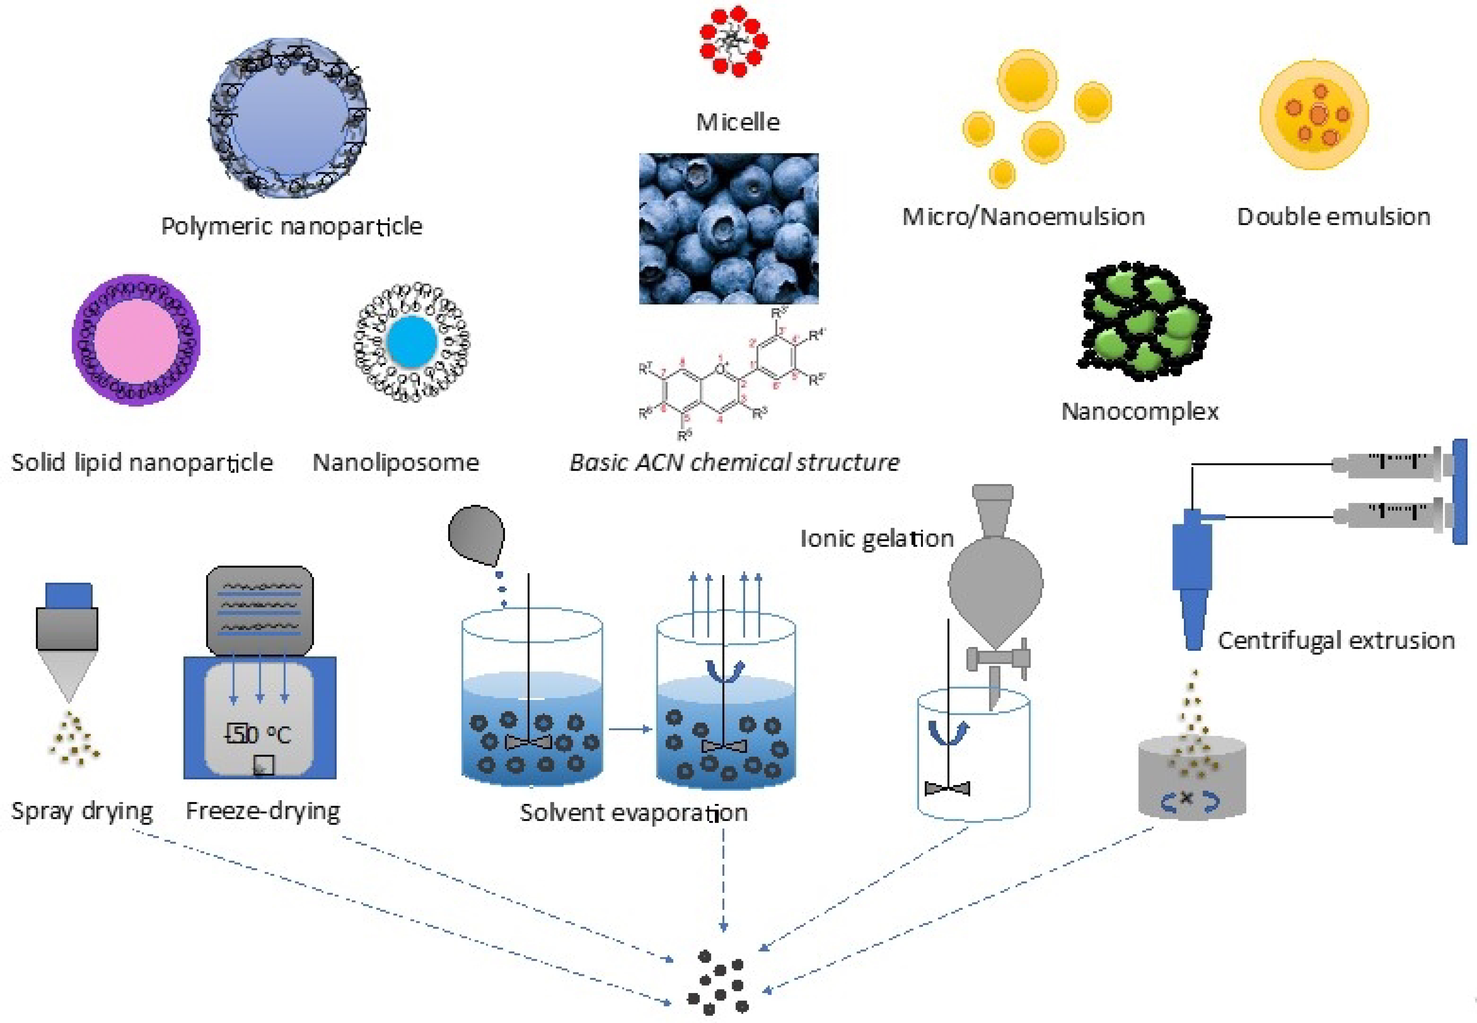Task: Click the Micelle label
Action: point(738,122)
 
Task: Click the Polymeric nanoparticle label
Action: point(292,226)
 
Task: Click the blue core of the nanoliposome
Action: point(412,342)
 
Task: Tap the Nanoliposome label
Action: point(395,462)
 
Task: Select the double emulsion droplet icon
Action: point(1314,115)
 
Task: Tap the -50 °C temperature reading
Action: point(258,734)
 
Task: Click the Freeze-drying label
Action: point(263,811)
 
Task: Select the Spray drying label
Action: point(82,811)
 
